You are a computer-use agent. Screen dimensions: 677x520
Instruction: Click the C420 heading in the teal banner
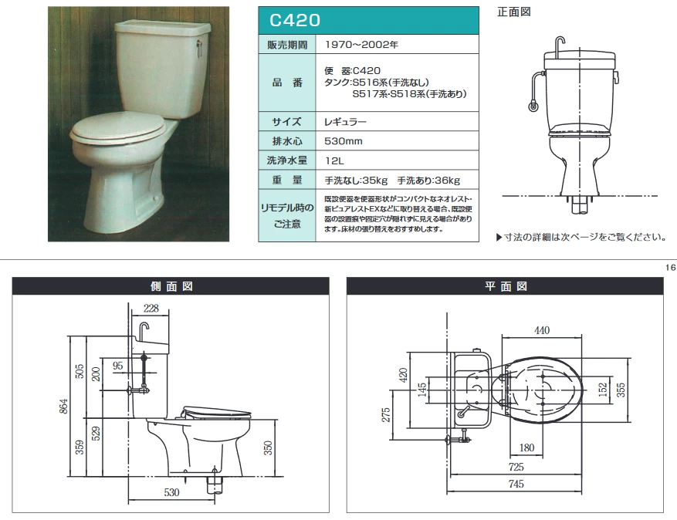pos(295,20)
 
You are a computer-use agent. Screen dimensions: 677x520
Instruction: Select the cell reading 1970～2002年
pos(361,45)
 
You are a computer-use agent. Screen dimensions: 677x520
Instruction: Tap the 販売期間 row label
pos(287,45)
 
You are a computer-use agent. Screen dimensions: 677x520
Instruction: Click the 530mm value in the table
pos(344,141)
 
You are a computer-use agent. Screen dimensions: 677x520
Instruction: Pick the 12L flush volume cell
pos(334,161)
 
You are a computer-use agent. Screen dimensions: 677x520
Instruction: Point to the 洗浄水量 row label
pos(287,160)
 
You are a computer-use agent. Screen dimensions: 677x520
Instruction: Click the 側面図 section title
pos(171,286)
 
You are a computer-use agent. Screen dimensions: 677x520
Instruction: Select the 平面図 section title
pos(506,286)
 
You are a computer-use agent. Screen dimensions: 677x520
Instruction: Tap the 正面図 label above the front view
pos(514,12)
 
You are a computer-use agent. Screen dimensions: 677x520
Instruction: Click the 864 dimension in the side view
pos(63,406)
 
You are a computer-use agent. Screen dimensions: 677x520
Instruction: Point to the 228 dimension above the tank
pos(151,308)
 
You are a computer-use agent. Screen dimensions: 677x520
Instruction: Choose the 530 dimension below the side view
pos(171,492)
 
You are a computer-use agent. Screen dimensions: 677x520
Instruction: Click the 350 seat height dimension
pos(268,448)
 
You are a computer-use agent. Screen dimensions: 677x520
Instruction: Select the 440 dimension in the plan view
pos(542,330)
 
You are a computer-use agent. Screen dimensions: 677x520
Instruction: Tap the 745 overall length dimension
pos(516,485)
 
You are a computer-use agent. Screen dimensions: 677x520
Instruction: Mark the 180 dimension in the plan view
pos(526,448)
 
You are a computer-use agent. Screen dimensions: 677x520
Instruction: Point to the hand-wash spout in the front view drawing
pos(559,43)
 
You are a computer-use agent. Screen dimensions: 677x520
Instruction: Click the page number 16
pos(670,268)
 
